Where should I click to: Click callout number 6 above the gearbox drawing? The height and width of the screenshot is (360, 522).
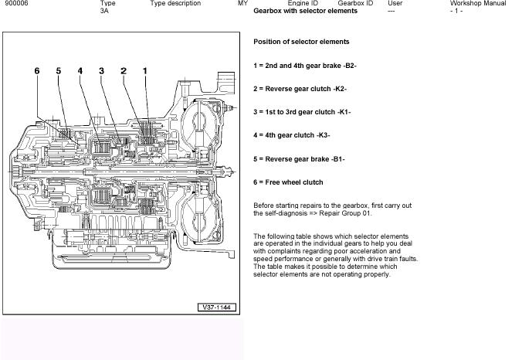(x=37, y=71)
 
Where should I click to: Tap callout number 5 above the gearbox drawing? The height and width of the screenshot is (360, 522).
(x=58, y=71)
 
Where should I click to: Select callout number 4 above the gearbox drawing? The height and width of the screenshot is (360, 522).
(x=80, y=71)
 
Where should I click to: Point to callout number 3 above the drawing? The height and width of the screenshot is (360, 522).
(x=101, y=71)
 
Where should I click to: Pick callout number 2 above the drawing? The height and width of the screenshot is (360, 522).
(x=123, y=71)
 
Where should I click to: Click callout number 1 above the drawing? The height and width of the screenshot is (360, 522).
(x=144, y=71)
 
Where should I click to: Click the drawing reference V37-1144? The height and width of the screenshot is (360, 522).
(x=215, y=307)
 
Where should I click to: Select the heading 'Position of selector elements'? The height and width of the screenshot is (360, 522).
(x=301, y=42)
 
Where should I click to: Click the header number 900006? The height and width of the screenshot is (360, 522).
(x=16, y=4)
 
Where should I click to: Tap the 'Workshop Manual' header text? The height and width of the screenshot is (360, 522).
(x=478, y=4)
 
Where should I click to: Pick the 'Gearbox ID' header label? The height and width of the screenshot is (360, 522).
(x=355, y=4)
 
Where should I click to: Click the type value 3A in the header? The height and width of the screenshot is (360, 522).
(x=104, y=12)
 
